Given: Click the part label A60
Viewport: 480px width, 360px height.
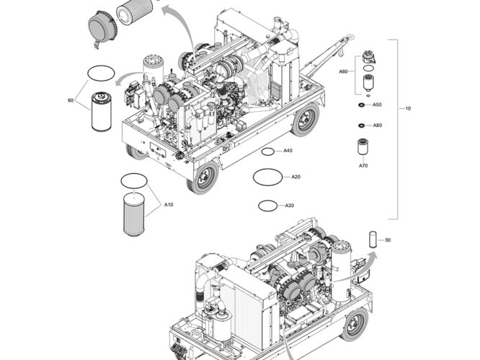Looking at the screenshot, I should pyautogui.click(x=344, y=72).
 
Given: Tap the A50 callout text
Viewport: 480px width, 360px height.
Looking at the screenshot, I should pyautogui.click(x=377, y=105).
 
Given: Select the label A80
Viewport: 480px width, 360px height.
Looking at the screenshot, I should pyautogui.click(x=377, y=126).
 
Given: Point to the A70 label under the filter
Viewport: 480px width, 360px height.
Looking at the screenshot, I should pyautogui.click(x=363, y=166).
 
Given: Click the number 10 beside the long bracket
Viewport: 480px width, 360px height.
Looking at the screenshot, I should pyautogui.click(x=408, y=109).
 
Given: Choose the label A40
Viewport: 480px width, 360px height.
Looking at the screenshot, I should pyautogui.click(x=288, y=151).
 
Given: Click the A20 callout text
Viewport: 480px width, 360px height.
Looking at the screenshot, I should pyautogui.click(x=295, y=177).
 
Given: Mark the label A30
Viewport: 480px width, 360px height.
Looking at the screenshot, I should pyautogui.click(x=289, y=206).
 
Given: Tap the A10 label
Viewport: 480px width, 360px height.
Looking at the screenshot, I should pyautogui.click(x=168, y=206).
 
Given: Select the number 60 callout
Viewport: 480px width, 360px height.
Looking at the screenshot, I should pyautogui.click(x=70, y=100).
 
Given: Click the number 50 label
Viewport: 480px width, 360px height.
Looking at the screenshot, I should pyautogui.click(x=388, y=240).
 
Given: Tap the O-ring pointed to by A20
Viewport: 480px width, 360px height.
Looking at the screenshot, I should pyautogui.click(x=267, y=175).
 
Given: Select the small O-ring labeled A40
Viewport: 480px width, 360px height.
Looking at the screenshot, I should pyautogui.click(x=267, y=152).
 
